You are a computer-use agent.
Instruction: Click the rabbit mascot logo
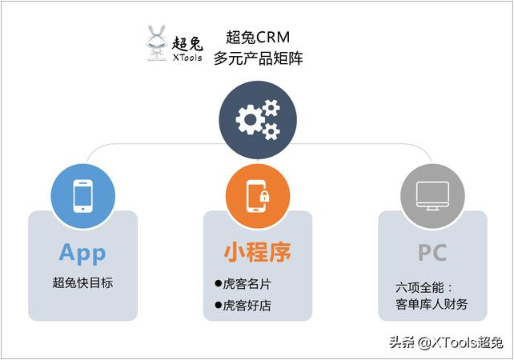tap(156, 43)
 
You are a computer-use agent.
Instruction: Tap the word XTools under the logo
tap(187, 58)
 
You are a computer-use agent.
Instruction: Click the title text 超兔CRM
tap(258, 37)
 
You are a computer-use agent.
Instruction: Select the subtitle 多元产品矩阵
tap(259, 58)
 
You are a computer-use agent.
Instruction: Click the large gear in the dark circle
tap(250, 119)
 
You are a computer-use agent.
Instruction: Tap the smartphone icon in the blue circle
tap(82, 196)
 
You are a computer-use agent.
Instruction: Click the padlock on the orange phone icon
tap(264, 196)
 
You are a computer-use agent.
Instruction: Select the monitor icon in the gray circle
tap(432, 196)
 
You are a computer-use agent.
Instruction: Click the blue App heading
tap(82, 254)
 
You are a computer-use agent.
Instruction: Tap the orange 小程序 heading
tap(258, 253)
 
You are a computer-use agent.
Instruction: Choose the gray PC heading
tap(432, 253)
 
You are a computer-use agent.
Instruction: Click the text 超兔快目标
tap(82, 282)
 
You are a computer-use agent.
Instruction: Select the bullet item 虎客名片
tap(243, 284)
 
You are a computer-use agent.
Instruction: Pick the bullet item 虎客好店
tap(243, 306)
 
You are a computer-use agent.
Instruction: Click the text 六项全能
tap(420, 288)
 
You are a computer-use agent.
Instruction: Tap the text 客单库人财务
tap(432, 304)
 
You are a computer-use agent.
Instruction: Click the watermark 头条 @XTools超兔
tap(446, 342)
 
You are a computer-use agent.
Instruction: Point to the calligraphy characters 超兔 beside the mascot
tap(187, 43)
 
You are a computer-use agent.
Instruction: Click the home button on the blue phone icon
tap(82, 209)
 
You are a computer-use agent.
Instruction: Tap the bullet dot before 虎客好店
tap(219, 306)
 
